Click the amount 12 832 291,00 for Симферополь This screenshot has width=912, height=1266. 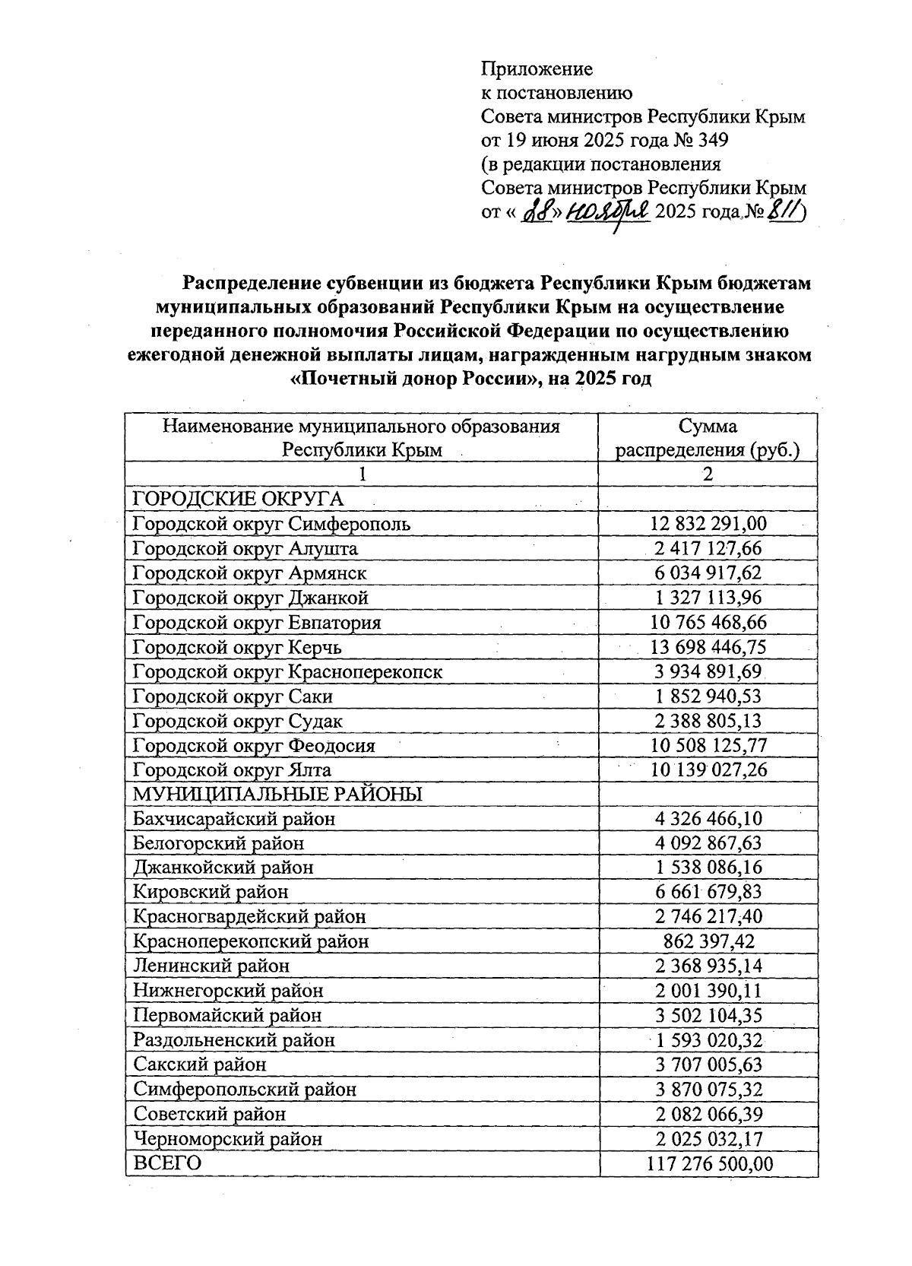708,523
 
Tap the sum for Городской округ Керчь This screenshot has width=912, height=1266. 708,647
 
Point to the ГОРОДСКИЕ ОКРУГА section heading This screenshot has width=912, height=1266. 238,499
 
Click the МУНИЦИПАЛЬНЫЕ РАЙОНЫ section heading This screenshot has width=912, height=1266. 277,795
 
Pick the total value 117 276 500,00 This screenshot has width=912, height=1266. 708,1163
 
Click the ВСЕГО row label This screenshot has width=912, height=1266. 167,1163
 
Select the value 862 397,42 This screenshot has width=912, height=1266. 708,941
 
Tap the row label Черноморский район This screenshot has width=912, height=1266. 228,1139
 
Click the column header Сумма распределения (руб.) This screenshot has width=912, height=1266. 708,438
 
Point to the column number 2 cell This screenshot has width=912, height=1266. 708,474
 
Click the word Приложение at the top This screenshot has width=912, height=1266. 537,69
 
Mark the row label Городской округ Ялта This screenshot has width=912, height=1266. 232,770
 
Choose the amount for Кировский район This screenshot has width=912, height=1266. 708,892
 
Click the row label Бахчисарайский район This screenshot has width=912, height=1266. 234,819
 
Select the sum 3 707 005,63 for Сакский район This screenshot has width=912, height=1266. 708,1065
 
